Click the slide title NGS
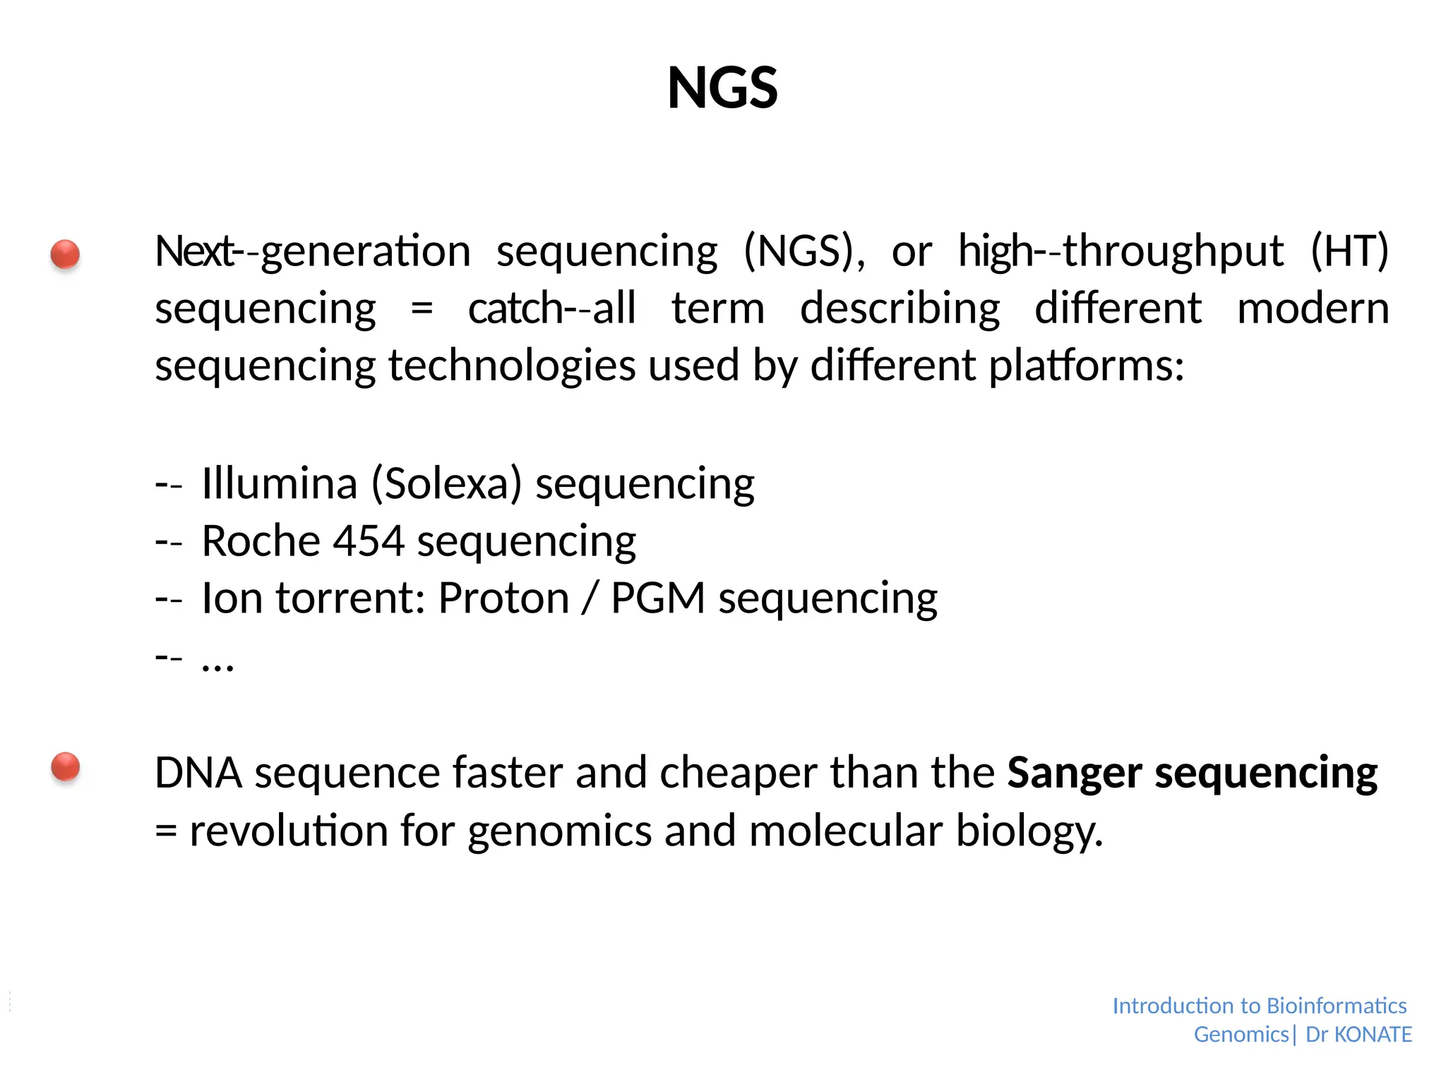(x=722, y=88)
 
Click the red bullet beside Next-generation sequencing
(x=65, y=254)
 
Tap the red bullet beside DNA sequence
(x=65, y=766)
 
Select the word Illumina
(x=279, y=484)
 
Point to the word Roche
(x=261, y=541)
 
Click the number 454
(x=368, y=541)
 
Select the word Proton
(x=503, y=598)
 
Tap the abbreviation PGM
(x=657, y=598)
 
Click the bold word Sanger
(x=1074, y=773)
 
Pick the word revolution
(x=288, y=831)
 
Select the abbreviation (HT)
(x=1349, y=251)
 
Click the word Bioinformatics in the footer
(x=1337, y=1006)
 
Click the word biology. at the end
(x=1029, y=831)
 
